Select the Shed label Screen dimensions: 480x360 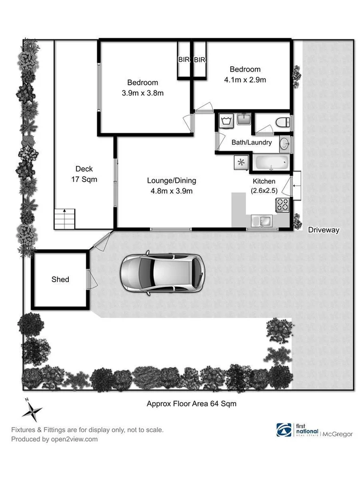(x=60, y=279)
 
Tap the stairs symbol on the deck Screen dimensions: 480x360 (x=65, y=218)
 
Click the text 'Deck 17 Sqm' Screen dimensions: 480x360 (x=84, y=174)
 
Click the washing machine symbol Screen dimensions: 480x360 (x=226, y=121)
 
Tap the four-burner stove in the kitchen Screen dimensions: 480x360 (x=282, y=204)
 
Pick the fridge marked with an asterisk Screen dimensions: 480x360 (x=241, y=162)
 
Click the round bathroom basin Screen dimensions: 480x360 (x=285, y=143)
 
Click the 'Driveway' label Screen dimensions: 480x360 (x=324, y=230)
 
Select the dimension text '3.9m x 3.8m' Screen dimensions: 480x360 (x=142, y=93)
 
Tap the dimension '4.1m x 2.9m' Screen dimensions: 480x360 (x=245, y=79)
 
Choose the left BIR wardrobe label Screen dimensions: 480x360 (x=184, y=60)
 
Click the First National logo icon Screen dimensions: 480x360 (x=283, y=430)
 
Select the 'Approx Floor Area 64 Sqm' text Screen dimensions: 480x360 (x=191, y=404)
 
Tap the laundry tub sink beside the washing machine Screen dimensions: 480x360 (x=244, y=119)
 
